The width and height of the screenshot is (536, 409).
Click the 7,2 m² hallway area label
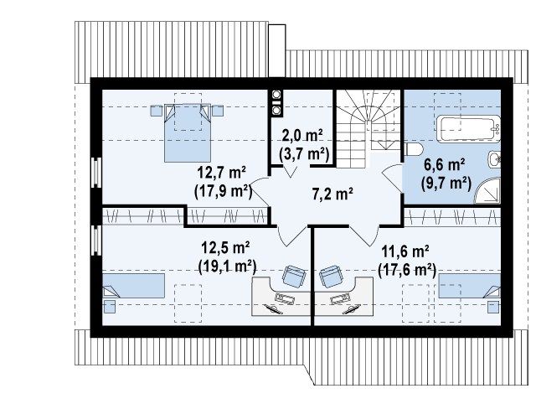[332, 194]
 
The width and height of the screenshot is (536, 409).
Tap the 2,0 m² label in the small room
[302, 136]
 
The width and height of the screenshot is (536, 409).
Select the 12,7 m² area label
[222, 173]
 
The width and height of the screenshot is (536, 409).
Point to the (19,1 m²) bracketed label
[227, 266]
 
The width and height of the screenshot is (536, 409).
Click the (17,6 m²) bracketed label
[407, 270]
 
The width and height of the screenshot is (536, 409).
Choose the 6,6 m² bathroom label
[444, 165]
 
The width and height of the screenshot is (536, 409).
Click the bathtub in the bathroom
[469, 128]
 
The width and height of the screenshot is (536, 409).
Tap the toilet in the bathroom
[413, 149]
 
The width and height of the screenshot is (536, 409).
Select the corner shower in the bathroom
[487, 190]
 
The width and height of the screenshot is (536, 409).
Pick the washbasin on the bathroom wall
[494, 159]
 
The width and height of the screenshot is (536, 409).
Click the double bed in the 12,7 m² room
[188, 133]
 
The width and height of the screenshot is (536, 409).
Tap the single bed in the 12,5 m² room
[134, 285]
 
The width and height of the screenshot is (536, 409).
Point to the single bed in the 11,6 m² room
[470, 285]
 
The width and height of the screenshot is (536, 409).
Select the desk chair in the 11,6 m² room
[331, 277]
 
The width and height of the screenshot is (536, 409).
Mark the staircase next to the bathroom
[368, 129]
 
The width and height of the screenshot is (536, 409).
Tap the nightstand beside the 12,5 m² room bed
[110, 307]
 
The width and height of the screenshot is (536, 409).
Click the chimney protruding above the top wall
[277, 50]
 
